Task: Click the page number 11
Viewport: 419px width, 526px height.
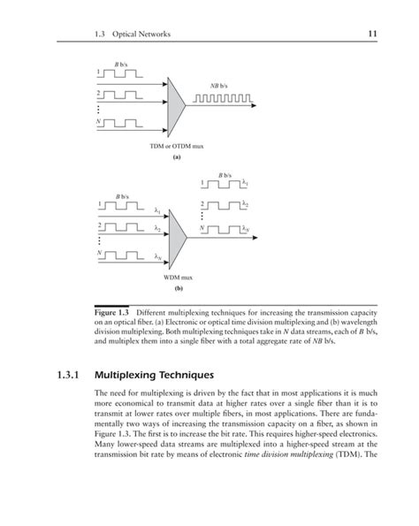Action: tap(372, 34)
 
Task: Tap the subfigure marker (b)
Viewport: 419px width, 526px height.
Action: tap(178, 288)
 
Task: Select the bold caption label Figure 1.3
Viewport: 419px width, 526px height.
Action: tap(113, 314)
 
